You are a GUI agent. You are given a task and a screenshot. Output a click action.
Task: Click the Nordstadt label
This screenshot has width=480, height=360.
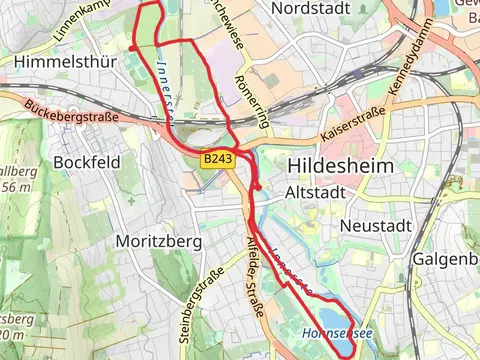point(314,8)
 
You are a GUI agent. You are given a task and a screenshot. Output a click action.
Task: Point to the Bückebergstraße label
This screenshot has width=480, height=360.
point(72,110)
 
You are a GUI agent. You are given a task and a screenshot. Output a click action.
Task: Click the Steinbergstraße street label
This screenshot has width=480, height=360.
point(201,300)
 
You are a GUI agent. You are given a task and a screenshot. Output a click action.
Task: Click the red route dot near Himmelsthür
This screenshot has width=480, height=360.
point(132,47)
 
